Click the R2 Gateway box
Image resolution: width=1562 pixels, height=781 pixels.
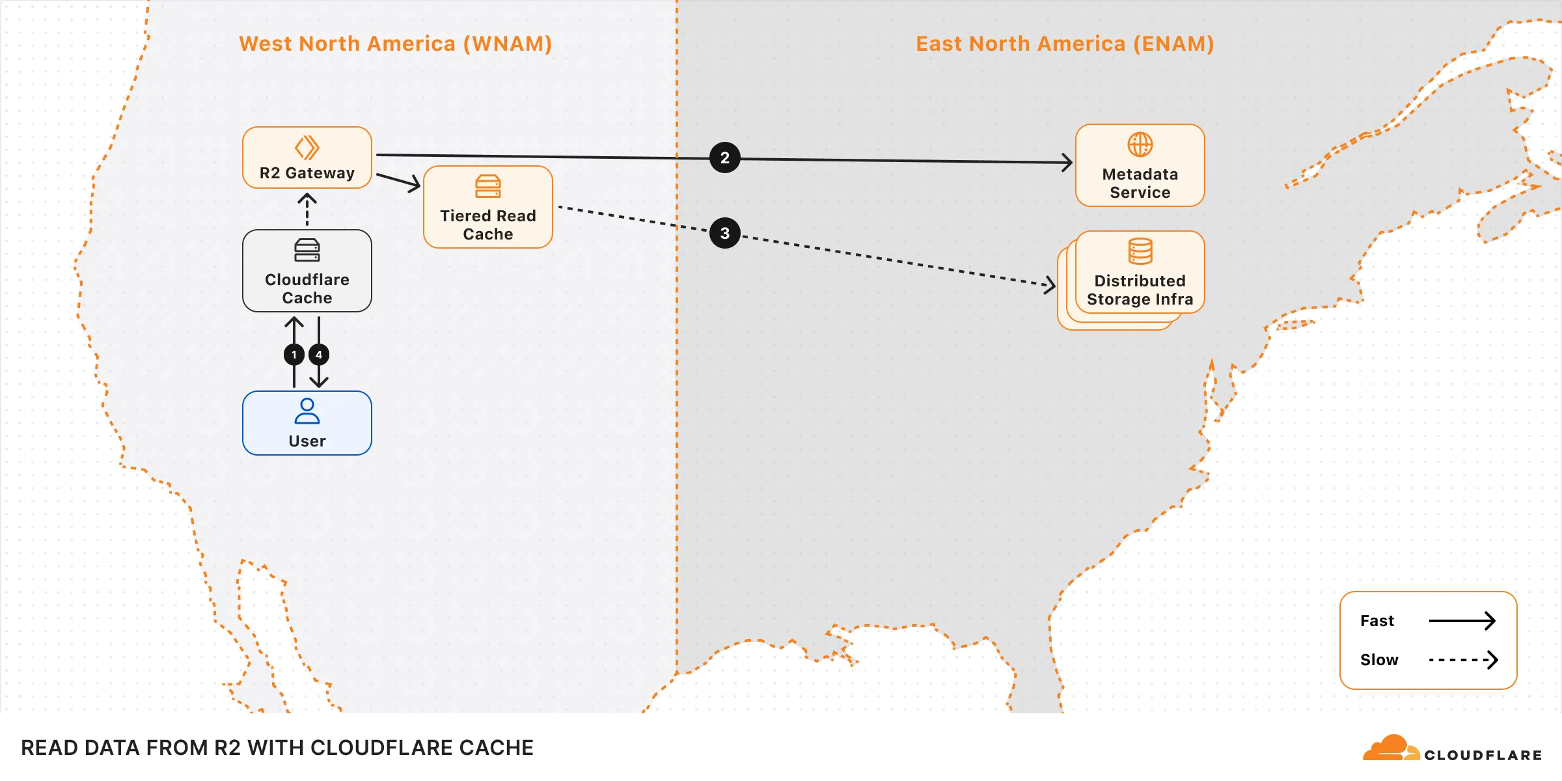point(307,158)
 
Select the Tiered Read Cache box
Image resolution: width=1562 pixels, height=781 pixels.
point(487,207)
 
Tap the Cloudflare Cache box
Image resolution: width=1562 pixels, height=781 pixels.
point(307,271)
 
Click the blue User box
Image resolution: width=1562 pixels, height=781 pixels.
point(307,423)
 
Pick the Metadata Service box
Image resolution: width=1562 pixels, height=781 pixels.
point(1140,166)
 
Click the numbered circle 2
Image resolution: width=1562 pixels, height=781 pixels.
point(724,158)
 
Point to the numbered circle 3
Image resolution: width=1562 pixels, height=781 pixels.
point(724,233)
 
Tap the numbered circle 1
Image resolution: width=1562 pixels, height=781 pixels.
point(294,355)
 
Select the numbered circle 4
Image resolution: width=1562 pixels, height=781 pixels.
point(319,355)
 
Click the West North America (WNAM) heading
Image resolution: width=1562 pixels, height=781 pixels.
point(395,44)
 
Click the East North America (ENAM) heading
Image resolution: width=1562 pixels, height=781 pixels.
point(1065,44)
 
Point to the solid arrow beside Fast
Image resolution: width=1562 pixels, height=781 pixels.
point(1462,621)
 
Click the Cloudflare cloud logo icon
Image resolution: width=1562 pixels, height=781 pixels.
point(1390,748)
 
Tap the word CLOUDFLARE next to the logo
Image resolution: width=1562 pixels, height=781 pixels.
point(1483,755)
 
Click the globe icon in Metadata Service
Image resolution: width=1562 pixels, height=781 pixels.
point(1140,144)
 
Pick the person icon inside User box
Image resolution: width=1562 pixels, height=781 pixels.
point(307,411)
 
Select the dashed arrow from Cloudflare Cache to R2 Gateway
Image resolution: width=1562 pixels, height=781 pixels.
point(307,210)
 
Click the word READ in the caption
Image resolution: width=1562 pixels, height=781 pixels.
point(49,748)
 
